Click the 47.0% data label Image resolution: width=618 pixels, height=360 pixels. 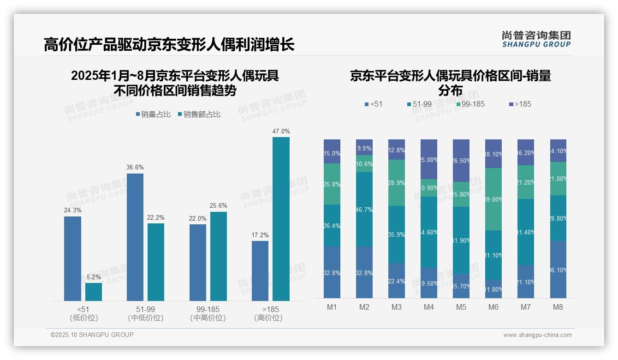click(x=281, y=132)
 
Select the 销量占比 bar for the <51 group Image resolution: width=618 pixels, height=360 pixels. click(x=72, y=258)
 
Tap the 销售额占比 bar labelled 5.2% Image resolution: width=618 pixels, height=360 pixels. click(x=94, y=292)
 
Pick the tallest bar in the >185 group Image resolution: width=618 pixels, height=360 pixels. click(x=281, y=219)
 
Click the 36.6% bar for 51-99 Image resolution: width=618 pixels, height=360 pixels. click(x=135, y=237)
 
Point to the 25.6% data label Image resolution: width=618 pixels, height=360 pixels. click(x=218, y=206)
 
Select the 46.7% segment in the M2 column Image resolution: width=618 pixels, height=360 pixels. click(x=364, y=209)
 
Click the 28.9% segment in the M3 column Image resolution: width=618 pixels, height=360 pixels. click(x=396, y=183)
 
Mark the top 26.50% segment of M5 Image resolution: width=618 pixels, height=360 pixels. click(x=461, y=160)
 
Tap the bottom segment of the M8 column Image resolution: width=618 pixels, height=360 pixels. click(x=558, y=270)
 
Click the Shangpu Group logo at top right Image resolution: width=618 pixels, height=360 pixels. click(x=536, y=39)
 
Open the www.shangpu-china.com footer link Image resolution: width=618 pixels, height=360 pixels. click(x=537, y=335)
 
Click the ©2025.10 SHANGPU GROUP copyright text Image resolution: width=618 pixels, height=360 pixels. click(x=92, y=335)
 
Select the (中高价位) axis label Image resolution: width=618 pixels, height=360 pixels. click(x=208, y=318)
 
